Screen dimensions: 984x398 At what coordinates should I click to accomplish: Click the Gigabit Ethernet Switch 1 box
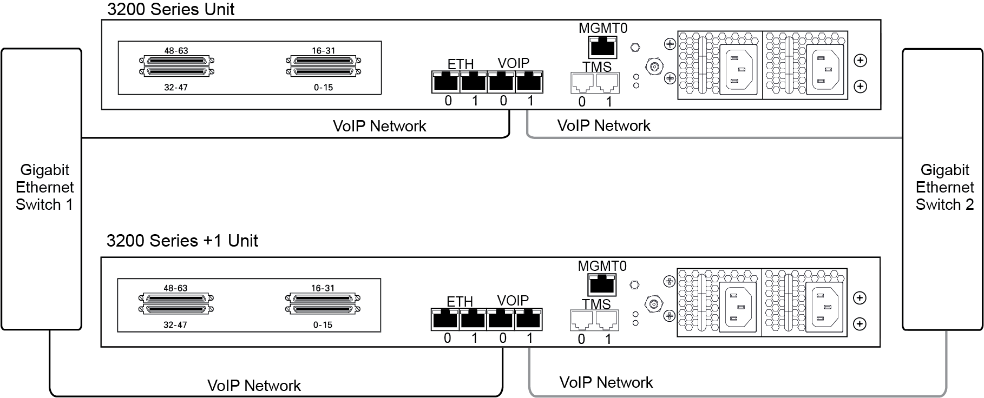[41, 189]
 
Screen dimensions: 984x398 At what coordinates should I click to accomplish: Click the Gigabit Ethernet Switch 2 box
[942, 189]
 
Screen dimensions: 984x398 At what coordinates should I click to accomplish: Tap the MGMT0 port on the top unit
[602, 47]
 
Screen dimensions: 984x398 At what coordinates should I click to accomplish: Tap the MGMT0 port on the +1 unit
[601, 284]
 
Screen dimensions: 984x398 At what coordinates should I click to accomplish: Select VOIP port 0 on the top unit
[502, 82]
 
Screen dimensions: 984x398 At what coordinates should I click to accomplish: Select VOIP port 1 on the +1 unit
[528, 320]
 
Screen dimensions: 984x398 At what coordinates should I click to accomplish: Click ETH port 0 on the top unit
[446, 82]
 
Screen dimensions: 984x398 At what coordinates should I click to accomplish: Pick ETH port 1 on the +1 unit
[473, 320]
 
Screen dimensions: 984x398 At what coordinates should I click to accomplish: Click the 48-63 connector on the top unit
[176, 61]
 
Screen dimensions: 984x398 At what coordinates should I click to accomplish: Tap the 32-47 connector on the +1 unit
[176, 309]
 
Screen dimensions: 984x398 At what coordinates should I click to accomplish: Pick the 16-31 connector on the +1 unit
[323, 298]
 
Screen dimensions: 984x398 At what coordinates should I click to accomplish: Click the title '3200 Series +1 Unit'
[182, 241]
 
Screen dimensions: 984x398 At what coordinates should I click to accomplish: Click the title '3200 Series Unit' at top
[171, 9]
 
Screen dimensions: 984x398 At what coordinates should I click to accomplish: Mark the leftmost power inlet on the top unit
[738, 69]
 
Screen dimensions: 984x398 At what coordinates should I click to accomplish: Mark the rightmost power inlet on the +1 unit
[824, 307]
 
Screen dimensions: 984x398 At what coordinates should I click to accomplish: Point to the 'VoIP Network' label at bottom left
[254, 386]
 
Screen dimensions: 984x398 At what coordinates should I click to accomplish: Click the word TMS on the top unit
[597, 67]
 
